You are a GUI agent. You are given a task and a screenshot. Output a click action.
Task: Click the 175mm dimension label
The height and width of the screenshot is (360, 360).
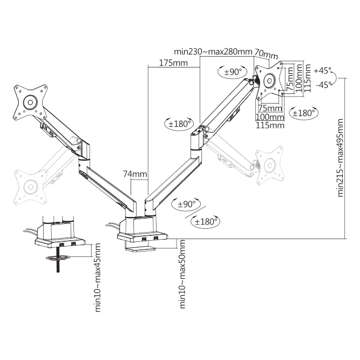(173, 63)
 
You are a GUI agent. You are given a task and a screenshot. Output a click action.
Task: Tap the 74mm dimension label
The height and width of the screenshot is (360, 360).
(135, 174)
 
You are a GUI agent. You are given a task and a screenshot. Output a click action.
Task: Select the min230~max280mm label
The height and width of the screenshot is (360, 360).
(213, 51)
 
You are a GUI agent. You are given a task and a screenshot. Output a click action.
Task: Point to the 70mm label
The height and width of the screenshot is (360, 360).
(266, 55)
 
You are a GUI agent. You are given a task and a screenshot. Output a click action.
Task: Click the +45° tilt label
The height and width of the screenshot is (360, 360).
(323, 71)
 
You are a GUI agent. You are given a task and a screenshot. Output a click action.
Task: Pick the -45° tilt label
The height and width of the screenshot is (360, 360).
(324, 85)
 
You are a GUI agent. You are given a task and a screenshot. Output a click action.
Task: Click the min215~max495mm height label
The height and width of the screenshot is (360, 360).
(340, 158)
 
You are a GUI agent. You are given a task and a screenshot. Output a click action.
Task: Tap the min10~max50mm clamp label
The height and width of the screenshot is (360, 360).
(182, 274)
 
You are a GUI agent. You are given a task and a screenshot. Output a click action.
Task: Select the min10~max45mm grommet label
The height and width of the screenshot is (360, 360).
(98, 277)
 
